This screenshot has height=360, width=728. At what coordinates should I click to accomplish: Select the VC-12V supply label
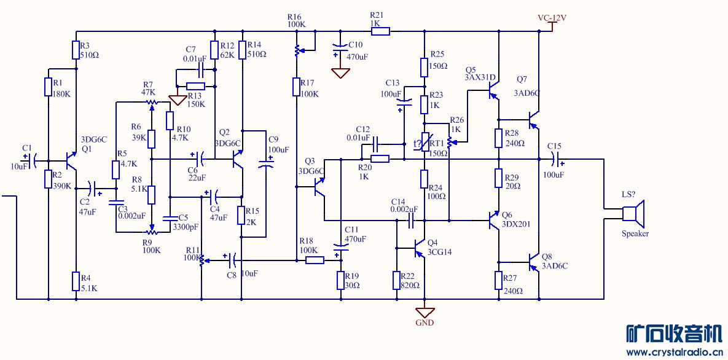pos(552,18)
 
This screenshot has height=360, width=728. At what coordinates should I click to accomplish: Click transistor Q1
pos(70,161)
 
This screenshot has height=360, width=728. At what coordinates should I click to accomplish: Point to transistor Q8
pos(534,263)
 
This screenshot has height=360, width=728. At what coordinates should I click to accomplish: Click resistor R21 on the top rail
pos(381,31)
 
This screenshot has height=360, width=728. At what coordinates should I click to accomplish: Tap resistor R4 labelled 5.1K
pos(76,281)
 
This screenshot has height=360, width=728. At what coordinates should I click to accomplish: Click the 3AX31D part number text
pos(480,77)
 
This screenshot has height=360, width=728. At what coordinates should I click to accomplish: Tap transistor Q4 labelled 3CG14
pos(419,248)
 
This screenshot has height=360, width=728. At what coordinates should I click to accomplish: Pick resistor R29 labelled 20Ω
pos(498,178)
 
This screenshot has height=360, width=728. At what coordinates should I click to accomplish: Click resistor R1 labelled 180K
pos(48,87)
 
